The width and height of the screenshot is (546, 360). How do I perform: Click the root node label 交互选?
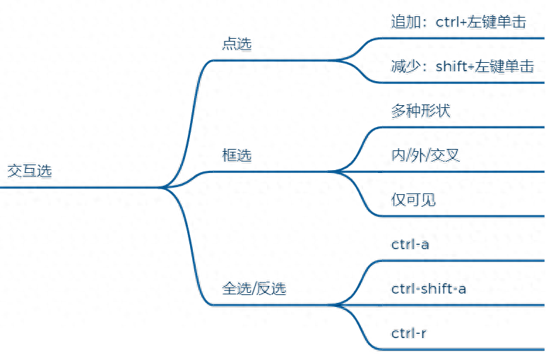(30, 171)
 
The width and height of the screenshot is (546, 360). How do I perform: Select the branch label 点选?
(237, 44)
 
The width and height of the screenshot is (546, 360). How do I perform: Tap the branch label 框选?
(237, 155)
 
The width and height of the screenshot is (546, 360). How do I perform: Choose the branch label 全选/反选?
(254, 288)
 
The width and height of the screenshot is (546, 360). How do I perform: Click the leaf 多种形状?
(421, 111)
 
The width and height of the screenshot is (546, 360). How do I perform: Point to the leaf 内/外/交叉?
(425, 155)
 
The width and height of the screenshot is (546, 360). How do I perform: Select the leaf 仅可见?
(413, 200)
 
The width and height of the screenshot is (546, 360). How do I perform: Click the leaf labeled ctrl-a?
(410, 244)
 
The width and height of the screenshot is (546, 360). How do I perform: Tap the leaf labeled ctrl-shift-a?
(429, 289)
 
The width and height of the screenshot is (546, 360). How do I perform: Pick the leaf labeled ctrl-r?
(408, 333)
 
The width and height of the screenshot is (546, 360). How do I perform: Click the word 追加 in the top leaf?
(405, 22)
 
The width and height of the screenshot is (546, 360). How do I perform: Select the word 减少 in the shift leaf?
(405, 66)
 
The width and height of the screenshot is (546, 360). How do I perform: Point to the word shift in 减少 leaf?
(451, 66)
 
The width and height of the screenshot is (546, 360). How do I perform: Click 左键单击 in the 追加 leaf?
(497, 22)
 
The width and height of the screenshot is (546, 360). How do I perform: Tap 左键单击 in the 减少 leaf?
(504, 66)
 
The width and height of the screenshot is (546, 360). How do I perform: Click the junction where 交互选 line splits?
(161, 188)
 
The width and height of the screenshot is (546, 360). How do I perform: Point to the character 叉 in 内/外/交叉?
(453, 155)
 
